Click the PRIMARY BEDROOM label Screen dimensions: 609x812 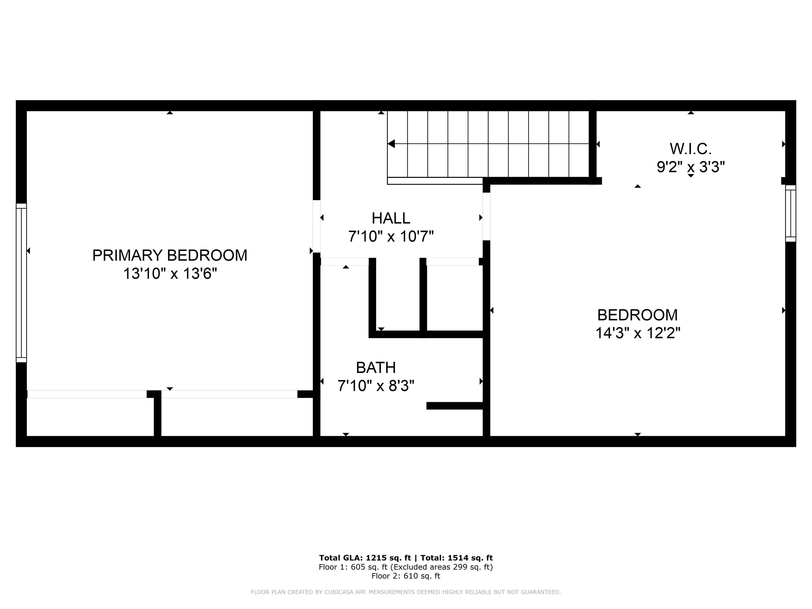pyautogui.click(x=170, y=255)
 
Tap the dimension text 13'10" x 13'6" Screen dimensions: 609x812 pyautogui.click(x=170, y=274)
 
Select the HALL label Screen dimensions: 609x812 pyautogui.click(x=391, y=218)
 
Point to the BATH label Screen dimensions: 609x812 pyautogui.click(x=376, y=367)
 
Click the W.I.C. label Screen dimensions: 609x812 pyautogui.click(x=690, y=149)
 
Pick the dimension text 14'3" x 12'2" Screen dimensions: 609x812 pyautogui.click(x=638, y=333)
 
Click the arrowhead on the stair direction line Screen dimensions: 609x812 pyautogui.click(x=391, y=144)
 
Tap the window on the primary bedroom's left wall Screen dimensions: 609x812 pyautogui.click(x=21, y=283)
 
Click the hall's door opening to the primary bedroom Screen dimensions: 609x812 pyautogui.click(x=316, y=226)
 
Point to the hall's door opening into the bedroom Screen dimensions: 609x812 pyautogui.click(x=486, y=216)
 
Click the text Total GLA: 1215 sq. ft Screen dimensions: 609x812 pyautogui.click(x=365, y=558)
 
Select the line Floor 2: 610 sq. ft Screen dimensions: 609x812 pyautogui.click(x=406, y=576)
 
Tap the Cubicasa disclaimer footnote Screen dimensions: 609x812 pyautogui.click(x=406, y=592)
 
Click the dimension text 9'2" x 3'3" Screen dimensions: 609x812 pyautogui.click(x=690, y=167)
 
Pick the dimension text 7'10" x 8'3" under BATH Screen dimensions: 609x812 pyautogui.click(x=376, y=386)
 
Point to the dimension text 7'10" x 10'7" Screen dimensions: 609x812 pyautogui.click(x=391, y=236)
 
